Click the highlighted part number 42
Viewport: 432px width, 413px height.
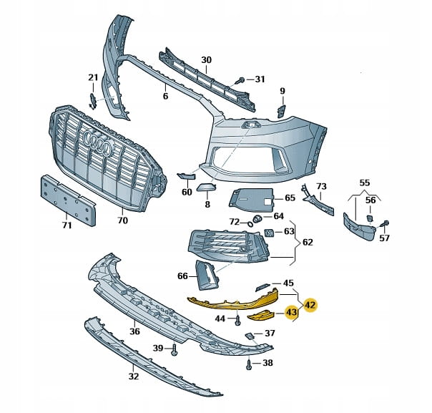[310, 304]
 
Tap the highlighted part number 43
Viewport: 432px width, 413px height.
[291, 313]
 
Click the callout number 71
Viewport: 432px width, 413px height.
[66, 225]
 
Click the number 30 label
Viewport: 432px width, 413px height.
[207, 59]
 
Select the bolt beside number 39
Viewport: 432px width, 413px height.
[174, 349]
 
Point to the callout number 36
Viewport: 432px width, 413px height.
[134, 331]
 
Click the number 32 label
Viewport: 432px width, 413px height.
[134, 375]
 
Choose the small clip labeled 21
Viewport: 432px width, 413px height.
[92, 101]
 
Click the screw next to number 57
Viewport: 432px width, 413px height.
[385, 223]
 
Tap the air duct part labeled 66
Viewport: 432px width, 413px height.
[206, 276]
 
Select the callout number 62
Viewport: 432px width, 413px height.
[308, 243]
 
